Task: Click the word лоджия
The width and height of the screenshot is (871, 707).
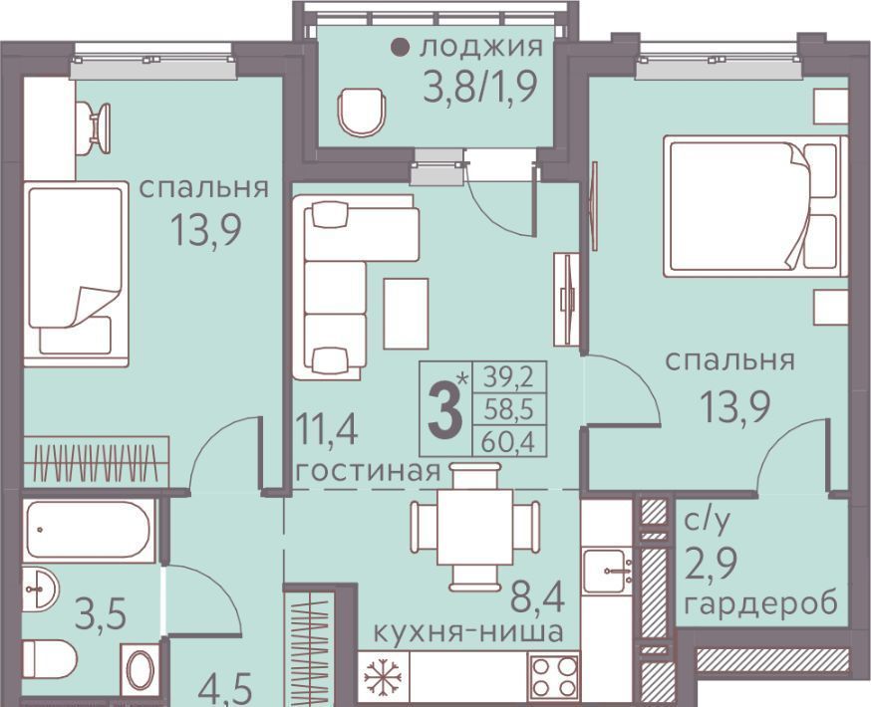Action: click(x=481, y=48)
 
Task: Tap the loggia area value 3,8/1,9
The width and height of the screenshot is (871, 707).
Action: click(x=480, y=88)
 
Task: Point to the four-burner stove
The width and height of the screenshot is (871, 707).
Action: click(x=553, y=676)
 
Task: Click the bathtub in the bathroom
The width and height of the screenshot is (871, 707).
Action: click(x=89, y=531)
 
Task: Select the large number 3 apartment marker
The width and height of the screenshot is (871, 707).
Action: click(x=444, y=410)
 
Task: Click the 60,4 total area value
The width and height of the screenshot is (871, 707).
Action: click(x=508, y=442)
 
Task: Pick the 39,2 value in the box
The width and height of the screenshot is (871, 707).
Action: click(x=508, y=378)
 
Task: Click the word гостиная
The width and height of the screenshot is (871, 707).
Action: click(x=368, y=472)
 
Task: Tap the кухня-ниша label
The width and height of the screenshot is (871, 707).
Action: click(x=467, y=632)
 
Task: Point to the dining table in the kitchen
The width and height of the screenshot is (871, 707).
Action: click(x=474, y=526)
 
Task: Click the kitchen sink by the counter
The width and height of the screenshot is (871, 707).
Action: click(x=607, y=571)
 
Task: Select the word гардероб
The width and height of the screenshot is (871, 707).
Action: click(x=760, y=604)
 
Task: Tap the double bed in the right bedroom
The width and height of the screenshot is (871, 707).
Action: click(x=755, y=206)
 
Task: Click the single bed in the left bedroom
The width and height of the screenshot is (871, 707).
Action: click(x=76, y=274)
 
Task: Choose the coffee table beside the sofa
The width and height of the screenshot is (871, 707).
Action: click(x=406, y=314)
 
